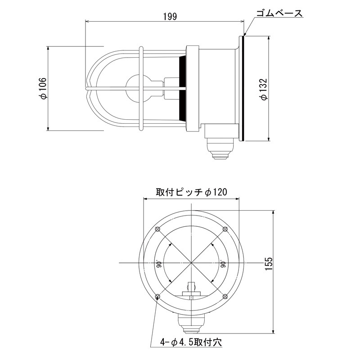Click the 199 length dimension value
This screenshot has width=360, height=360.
[170, 17]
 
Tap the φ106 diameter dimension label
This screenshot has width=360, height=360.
[43, 88]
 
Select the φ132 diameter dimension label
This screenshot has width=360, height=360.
[264, 89]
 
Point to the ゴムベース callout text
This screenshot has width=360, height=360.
[279, 13]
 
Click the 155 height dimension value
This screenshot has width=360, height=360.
[269, 264]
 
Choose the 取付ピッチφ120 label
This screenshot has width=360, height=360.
[192, 192]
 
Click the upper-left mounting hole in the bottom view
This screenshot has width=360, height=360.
[157, 229]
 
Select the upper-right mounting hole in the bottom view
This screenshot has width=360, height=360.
[225, 229]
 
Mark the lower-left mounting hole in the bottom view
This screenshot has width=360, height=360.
[157, 297]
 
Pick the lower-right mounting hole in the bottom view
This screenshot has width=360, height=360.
[225, 297]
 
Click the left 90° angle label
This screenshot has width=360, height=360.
[159, 264]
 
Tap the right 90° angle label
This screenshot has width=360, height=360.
[222, 264]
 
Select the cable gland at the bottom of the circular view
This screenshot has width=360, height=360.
[191, 323]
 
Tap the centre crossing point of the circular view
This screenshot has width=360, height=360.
[191, 263]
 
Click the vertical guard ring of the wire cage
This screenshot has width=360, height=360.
[141, 88]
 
